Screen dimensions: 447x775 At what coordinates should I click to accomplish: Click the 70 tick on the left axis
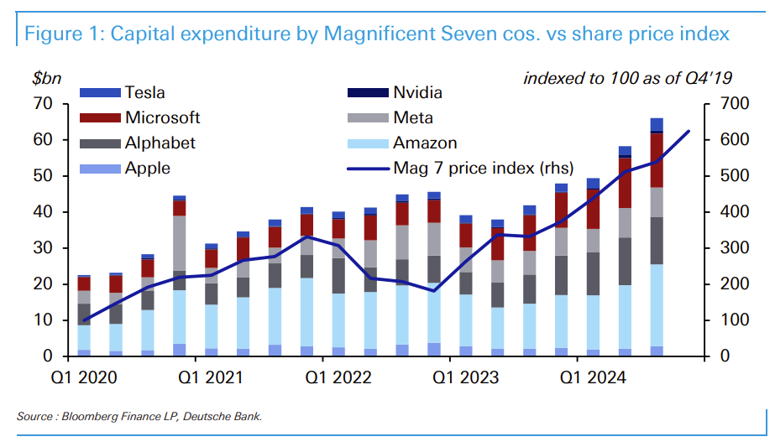(43, 104)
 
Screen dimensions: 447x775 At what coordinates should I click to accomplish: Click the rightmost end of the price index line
(689, 132)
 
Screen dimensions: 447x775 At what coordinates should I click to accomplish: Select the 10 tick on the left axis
(43, 320)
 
